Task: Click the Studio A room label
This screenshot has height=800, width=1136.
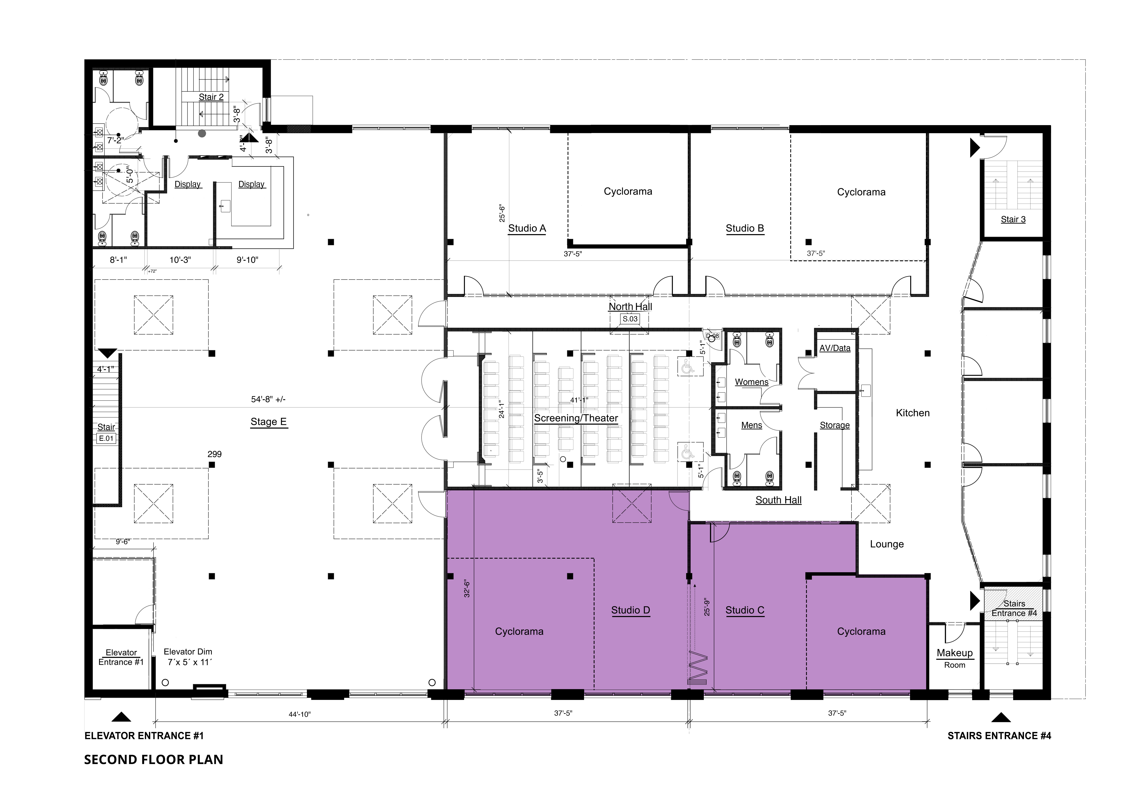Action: point(527,228)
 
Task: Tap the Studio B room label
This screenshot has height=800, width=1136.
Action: point(745,228)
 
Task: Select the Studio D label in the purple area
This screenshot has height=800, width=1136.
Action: point(630,610)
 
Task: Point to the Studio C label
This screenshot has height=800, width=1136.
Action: point(745,610)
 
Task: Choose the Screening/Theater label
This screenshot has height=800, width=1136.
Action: point(576,418)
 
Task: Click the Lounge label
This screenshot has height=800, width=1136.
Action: point(887,544)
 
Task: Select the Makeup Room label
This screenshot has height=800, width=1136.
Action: point(954,658)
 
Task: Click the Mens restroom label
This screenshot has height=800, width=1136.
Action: point(751,425)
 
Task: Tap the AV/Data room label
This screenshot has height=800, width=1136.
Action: point(835,348)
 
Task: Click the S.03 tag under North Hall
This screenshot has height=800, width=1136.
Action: point(630,319)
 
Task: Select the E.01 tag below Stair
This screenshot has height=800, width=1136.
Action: point(106,438)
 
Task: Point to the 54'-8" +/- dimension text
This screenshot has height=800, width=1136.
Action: point(268,399)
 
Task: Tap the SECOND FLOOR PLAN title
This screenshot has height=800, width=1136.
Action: point(153,759)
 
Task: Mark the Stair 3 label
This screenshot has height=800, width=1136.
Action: point(1013,219)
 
